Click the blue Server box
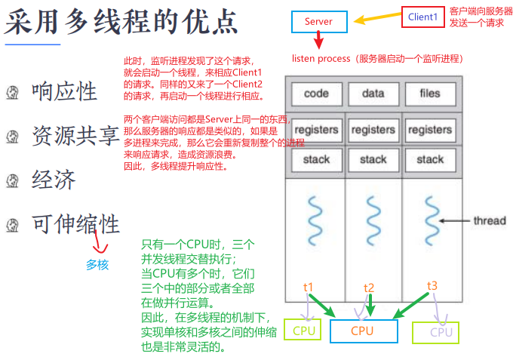318,22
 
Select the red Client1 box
422,17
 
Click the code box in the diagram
316,94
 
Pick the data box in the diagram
373,94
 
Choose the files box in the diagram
429,94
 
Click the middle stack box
373,159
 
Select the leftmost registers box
316,129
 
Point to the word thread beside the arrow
489,221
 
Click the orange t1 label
308,288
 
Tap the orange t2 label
369,288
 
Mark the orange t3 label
432,285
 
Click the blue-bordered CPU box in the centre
362,331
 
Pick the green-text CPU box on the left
303,331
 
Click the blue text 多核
97,265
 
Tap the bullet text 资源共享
75,136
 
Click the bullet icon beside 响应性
11,93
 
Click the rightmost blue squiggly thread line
430,219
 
